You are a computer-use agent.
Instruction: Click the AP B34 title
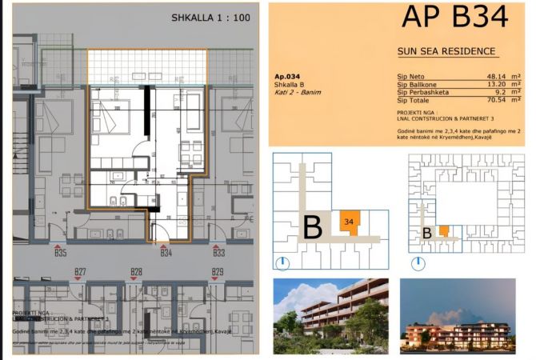454,18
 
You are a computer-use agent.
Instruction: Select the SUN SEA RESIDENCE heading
446,51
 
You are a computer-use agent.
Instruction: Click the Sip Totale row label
414,101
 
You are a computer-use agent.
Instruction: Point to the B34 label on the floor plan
166,254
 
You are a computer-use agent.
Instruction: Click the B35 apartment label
60,254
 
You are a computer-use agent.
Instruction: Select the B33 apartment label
218,254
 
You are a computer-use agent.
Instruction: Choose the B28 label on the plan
136,272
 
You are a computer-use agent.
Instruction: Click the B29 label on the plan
217,272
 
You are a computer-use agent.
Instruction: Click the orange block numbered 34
350,221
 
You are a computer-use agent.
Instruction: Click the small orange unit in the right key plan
444,231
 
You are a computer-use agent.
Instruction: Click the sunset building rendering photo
447,316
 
